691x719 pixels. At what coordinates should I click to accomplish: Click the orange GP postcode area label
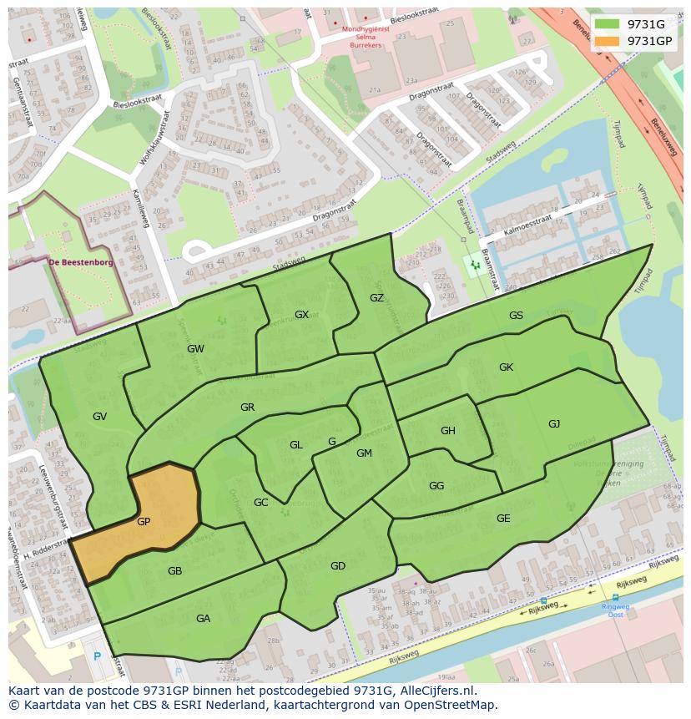(144, 521)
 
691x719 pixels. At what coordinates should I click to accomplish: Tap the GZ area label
(376, 298)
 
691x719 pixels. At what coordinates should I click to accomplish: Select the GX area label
(301, 315)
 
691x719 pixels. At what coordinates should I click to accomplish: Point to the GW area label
(195, 348)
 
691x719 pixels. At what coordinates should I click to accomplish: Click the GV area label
(99, 416)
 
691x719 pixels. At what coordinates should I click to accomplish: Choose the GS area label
(516, 315)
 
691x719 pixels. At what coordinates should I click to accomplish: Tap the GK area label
(506, 367)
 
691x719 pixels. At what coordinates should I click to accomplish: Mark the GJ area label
(554, 423)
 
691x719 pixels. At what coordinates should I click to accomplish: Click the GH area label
(448, 431)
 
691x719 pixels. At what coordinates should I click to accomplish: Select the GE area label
(503, 518)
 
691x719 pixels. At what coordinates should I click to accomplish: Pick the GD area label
(337, 566)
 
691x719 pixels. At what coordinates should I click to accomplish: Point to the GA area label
(203, 618)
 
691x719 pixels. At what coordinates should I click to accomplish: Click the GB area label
(174, 571)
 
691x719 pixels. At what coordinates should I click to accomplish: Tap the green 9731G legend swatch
(608, 24)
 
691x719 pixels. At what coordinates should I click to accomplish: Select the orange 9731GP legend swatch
(608, 40)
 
